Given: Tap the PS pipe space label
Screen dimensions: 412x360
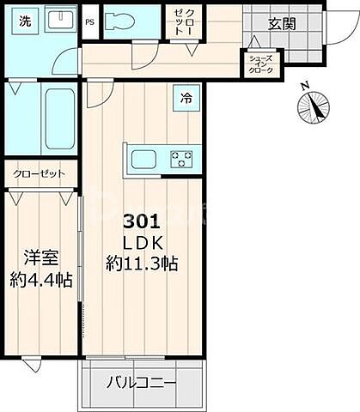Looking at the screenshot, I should pos(90,23).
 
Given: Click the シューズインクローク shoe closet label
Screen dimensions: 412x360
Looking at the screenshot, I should pos(260,64).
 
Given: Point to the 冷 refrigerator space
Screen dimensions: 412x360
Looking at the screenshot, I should pos(186,99).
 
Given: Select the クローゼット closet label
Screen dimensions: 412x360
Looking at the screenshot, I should pos(39,173).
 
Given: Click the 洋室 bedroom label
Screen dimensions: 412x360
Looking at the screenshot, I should pos(40,256).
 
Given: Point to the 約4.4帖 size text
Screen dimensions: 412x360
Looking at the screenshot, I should pos(40,279).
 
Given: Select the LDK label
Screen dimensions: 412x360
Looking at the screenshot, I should pos(143,241).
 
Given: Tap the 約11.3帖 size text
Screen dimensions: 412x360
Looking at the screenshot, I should pos(143,264).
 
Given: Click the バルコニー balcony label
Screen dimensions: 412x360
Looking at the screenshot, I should pos(143,382).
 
